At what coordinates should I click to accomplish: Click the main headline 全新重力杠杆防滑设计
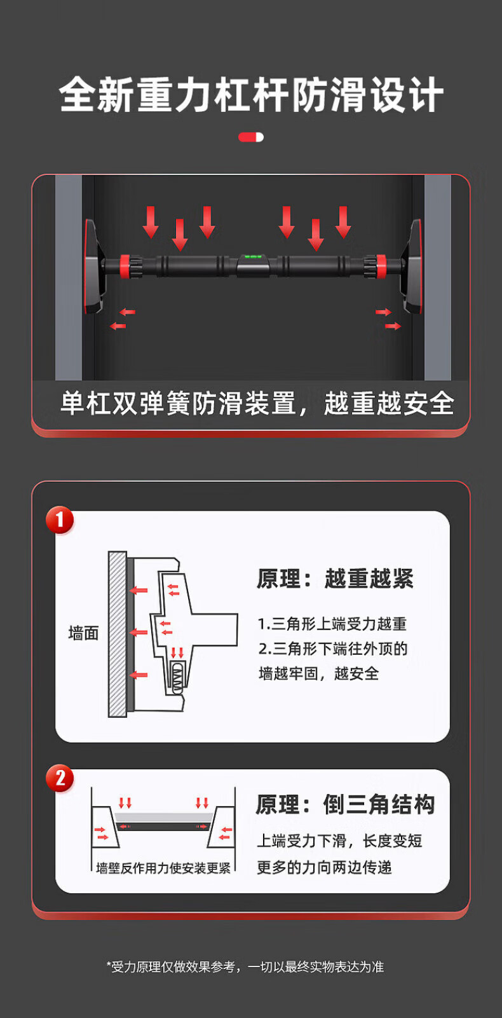[251, 95]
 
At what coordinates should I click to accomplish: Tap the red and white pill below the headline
[251, 137]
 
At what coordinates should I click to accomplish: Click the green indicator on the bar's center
[253, 257]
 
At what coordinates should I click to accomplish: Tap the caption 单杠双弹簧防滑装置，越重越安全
[257, 403]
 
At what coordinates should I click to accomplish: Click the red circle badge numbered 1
[60, 519]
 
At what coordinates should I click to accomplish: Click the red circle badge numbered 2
[60, 778]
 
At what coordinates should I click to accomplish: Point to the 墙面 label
[84, 633]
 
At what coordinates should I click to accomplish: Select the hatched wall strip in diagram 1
[117, 635]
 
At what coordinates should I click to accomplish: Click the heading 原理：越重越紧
[336, 579]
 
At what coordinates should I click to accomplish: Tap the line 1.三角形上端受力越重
[332, 624]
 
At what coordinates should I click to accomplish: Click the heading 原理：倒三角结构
[345, 804]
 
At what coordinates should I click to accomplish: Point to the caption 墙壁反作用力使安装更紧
[163, 869]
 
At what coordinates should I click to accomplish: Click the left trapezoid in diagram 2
[104, 827]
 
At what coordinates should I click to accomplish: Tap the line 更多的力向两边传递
[324, 867]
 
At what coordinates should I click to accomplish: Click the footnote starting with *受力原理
[245, 966]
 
